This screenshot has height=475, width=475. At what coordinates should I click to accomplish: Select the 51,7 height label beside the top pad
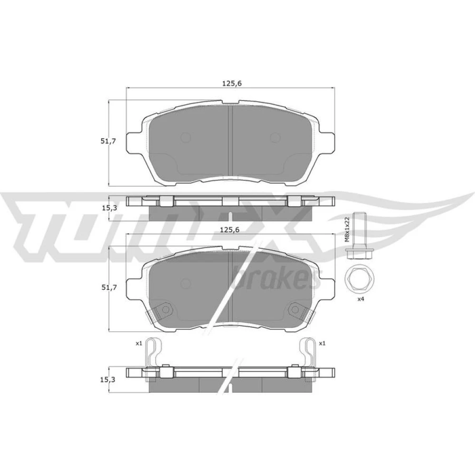coord(108,141)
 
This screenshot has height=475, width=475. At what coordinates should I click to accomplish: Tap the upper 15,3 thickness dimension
coord(108,208)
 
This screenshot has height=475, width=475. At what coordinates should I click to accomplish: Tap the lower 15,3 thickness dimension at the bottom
coord(108,379)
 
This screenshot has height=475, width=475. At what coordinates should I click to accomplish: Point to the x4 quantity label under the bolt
coord(361,299)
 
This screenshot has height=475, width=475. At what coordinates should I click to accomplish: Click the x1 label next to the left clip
coord(139,343)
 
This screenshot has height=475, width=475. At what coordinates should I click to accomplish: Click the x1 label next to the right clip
coord(322,343)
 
